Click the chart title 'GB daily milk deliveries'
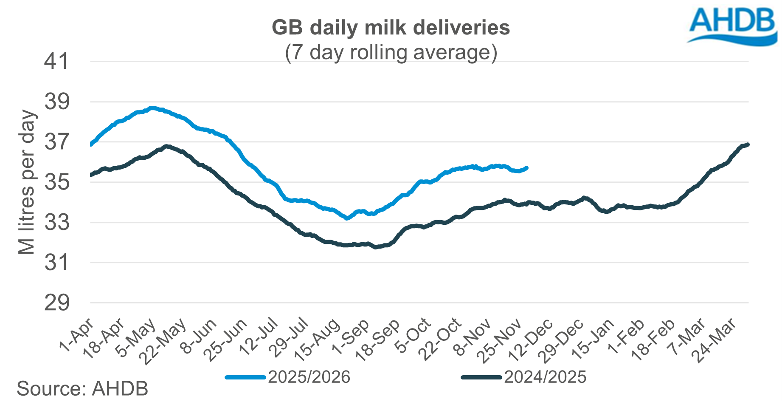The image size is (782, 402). (391, 28)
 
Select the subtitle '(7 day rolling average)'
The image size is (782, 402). (391, 53)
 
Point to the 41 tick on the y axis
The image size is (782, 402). (56, 62)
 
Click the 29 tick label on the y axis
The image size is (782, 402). (56, 303)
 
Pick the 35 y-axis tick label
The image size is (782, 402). (56, 182)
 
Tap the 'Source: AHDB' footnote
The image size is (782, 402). (82, 388)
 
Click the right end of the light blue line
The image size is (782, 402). (526, 168)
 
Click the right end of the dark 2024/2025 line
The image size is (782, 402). (748, 144)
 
